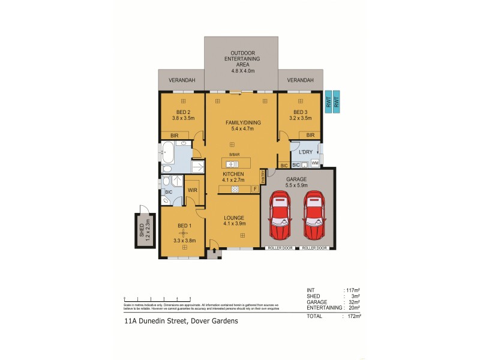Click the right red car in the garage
314,216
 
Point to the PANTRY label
262,176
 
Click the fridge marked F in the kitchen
254,190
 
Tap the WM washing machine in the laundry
314,163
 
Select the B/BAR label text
234,155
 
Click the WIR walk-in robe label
193,190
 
